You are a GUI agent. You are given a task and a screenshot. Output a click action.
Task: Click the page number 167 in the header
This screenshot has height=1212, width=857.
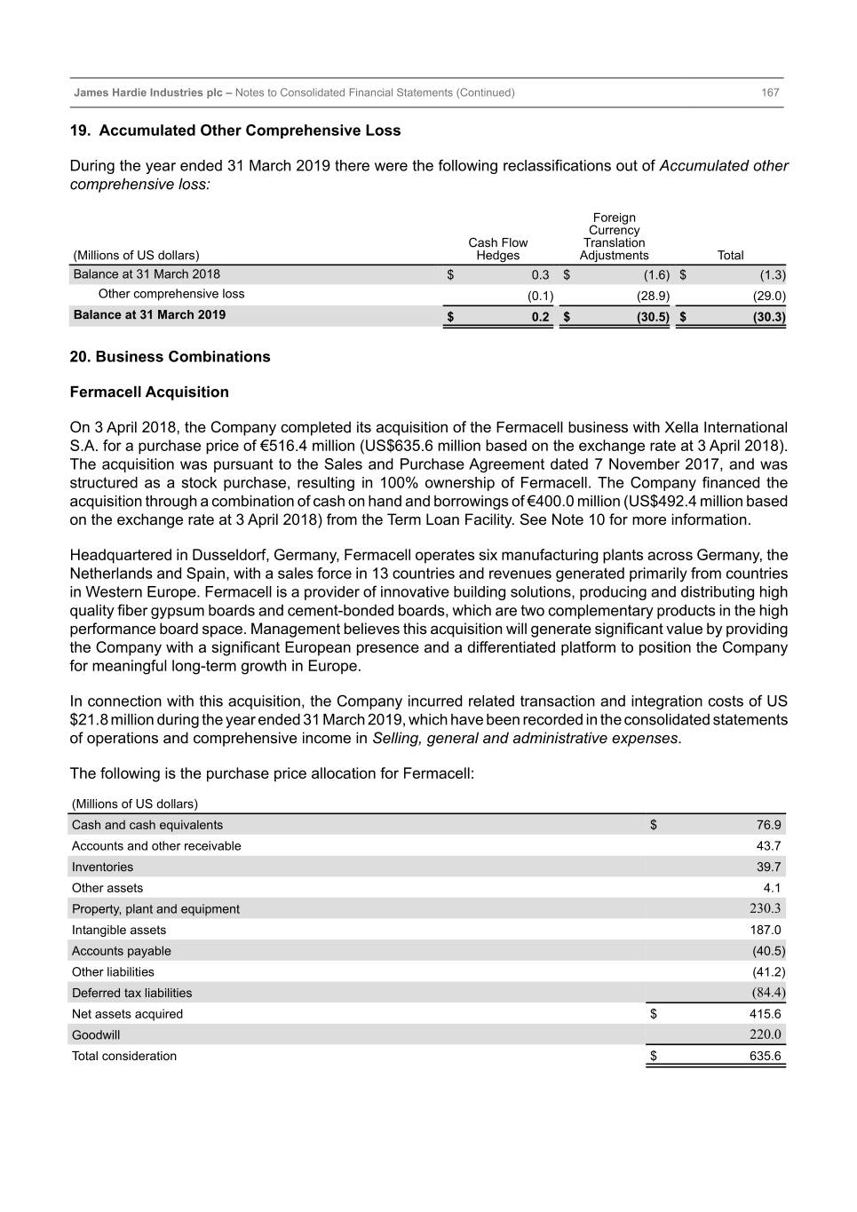770,92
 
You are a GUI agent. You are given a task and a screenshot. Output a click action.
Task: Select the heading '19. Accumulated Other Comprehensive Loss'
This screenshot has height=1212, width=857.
235,131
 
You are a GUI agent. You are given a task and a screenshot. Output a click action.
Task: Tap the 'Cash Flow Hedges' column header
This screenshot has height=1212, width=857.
497,249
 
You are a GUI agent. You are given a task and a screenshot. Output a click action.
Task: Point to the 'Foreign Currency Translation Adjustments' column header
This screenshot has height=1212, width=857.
614,236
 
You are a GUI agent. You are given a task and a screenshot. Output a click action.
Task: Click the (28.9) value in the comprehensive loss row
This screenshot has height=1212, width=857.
653,296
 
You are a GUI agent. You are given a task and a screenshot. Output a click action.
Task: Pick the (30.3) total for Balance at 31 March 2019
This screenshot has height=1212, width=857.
768,316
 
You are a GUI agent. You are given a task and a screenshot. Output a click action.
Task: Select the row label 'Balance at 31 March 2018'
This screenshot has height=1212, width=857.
147,274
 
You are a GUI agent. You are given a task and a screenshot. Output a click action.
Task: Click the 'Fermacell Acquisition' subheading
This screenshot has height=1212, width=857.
149,392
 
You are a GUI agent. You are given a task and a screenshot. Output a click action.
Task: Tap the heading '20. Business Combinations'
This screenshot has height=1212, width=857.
170,357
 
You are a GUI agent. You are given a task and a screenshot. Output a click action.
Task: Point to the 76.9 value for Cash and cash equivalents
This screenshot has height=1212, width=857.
768,825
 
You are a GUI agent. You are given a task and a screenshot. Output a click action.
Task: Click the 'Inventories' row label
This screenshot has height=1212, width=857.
102,867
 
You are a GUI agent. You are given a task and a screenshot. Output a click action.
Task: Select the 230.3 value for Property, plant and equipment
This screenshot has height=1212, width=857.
766,908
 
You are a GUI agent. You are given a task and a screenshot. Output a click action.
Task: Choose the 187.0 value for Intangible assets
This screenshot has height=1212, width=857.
766,930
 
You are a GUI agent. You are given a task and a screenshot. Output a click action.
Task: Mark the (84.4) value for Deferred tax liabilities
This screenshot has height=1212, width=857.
768,993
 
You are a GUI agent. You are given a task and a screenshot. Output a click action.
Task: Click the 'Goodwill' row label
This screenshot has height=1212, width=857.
96,1035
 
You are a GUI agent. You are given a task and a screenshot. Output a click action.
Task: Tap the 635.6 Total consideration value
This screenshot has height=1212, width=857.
765,1057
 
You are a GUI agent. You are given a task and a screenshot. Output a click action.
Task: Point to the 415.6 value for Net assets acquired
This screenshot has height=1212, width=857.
765,1014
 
